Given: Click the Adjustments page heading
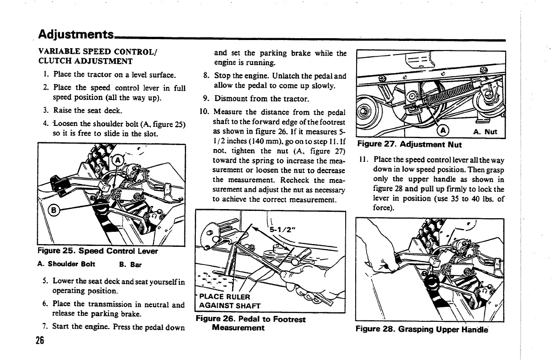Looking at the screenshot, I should [x=76, y=35].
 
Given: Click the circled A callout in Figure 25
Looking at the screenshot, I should [x=118, y=160].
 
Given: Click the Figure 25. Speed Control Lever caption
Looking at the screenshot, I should [x=98, y=251].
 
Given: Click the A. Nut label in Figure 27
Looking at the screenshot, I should [x=485, y=132].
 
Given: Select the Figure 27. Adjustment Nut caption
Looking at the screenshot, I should [x=409, y=145].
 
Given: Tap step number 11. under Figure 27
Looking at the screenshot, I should [x=363, y=160].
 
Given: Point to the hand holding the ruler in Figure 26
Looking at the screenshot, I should [x=313, y=277].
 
